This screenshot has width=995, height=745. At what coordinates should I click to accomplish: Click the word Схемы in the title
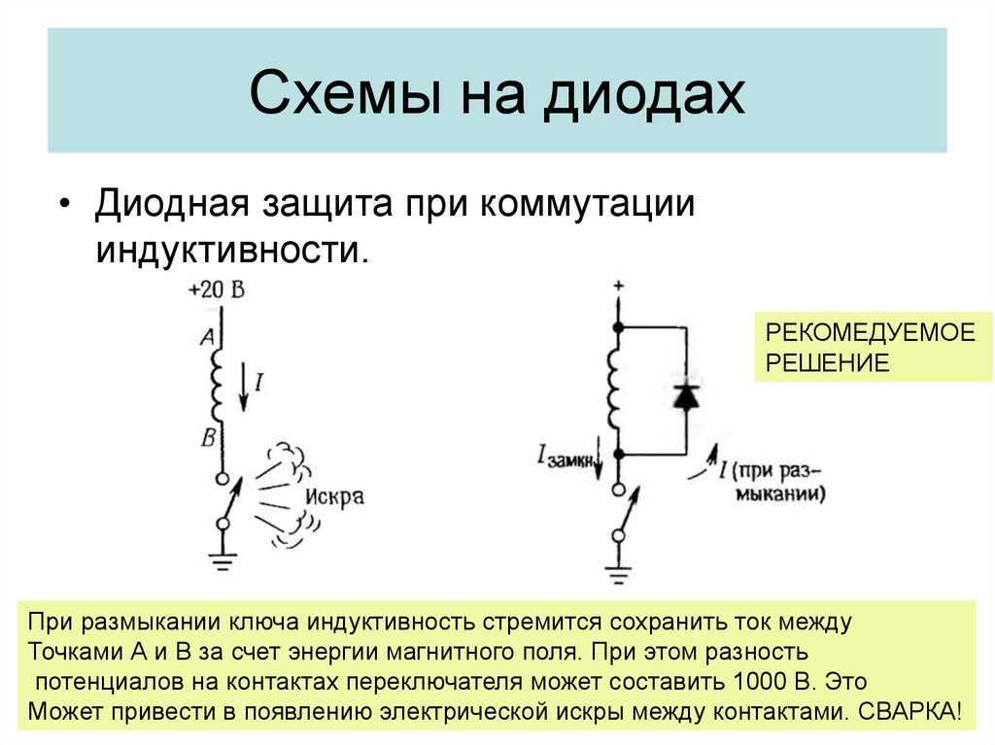(x=345, y=93)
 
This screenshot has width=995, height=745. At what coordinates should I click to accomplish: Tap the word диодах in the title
(x=644, y=94)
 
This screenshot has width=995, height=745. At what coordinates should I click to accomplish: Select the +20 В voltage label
(x=217, y=290)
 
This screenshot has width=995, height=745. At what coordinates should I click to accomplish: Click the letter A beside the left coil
(x=208, y=336)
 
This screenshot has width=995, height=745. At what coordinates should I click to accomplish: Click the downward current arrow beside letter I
(x=243, y=388)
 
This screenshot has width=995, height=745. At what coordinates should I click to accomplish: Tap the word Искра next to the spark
(x=335, y=496)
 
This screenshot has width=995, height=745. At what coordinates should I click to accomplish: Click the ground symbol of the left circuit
(x=223, y=561)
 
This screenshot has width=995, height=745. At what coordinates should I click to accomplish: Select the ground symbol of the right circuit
(x=618, y=574)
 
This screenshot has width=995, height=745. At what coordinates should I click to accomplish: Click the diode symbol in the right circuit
(x=686, y=396)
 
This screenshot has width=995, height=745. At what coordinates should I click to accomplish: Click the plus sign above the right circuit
(x=618, y=286)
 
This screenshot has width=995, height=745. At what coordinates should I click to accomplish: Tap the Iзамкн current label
(x=567, y=458)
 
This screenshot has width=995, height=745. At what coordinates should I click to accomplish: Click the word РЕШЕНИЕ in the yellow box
(x=827, y=363)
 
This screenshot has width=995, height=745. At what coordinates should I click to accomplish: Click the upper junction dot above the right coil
(x=618, y=327)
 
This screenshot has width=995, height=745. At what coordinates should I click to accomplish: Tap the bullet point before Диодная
(x=63, y=204)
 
